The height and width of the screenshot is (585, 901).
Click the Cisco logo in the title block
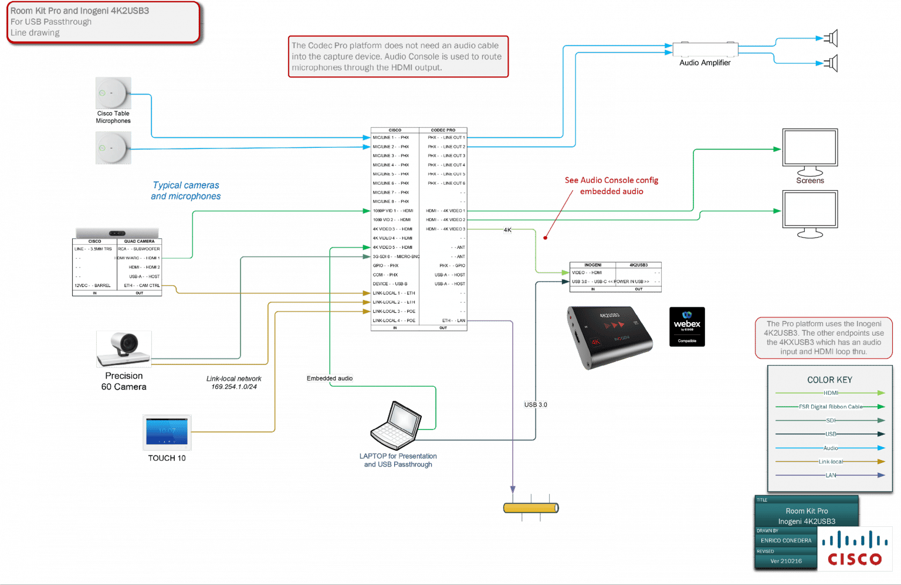pos(855,549)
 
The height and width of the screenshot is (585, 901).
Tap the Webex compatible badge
pos(687,326)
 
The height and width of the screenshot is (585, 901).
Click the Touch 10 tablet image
pos(167,432)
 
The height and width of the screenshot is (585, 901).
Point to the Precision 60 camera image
pos(124,348)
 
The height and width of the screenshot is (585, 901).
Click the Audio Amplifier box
pos(704,49)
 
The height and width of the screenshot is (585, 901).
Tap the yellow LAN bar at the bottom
pos(531,508)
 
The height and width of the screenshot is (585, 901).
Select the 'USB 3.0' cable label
pos(536,405)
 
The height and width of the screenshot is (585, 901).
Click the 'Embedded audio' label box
pos(330,378)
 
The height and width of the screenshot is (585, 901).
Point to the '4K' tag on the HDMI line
pos(507,231)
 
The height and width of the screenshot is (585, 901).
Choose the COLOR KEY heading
pos(829,380)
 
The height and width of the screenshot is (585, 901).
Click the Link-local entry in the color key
pos(831,462)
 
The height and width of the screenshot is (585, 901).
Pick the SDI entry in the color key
pos(831,420)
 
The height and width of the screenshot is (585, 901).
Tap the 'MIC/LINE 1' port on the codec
pos(391,138)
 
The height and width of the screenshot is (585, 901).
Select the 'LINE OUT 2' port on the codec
pos(446,147)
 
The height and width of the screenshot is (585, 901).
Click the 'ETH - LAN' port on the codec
pos(453,320)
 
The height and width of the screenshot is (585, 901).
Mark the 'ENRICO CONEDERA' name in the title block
pos(786,540)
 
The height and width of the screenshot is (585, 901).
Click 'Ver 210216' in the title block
pos(786,561)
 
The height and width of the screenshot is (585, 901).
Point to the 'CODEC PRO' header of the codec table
pos(443,130)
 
